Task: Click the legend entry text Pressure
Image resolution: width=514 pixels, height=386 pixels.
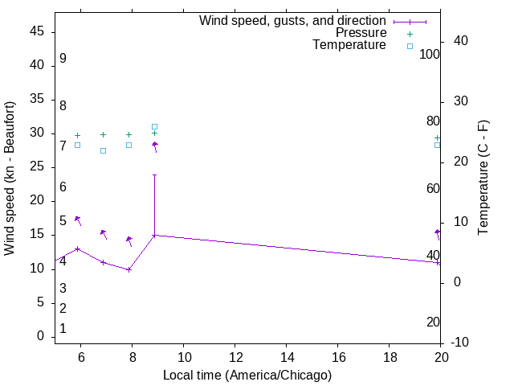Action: pos(361,33)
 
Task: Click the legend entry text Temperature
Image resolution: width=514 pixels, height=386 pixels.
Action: pos(349,45)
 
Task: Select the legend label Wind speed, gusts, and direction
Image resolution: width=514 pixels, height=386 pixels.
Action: pos(293,21)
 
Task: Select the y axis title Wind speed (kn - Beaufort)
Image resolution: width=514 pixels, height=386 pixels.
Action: pos(10,179)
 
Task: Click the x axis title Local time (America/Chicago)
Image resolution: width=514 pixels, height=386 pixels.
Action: pos(247,375)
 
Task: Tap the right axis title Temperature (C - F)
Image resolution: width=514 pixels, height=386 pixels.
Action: pos(483,179)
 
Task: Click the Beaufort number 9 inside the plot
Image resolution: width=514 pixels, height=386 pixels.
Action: pos(63,59)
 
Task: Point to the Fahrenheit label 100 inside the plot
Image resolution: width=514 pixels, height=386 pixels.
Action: pos(430,54)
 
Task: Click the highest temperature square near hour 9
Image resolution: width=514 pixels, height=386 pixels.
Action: pos(154,126)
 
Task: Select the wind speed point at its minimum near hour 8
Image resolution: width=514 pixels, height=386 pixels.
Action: pos(128,269)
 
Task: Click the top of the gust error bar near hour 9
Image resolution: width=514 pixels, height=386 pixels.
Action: pos(154,175)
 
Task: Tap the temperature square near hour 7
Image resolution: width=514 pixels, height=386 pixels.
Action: pos(103,150)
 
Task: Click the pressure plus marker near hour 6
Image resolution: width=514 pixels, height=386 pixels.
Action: pos(77,136)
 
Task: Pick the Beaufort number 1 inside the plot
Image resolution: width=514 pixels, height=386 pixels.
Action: pos(63,329)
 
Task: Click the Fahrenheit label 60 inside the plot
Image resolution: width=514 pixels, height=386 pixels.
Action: pos(434,188)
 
